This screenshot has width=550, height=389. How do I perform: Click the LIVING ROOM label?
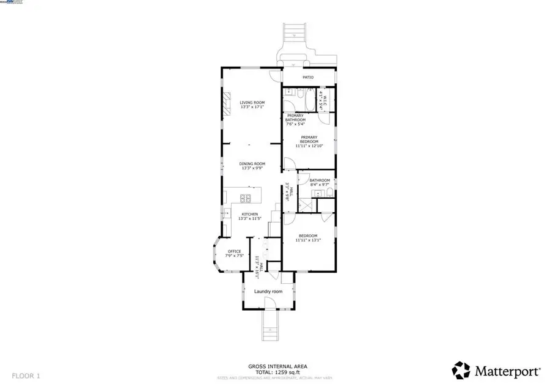[x=252, y=103]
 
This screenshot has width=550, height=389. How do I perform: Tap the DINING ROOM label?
[x=252, y=163]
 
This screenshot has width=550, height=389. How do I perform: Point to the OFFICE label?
[x=235, y=251]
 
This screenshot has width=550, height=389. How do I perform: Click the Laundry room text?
[x=268, y=292]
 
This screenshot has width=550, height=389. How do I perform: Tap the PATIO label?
[x=309, y=77]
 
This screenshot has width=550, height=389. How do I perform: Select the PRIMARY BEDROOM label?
[x=309, y=139]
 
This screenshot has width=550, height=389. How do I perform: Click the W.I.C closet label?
[x=325, y=100]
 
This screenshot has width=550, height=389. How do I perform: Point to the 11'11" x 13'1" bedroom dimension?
[x=308, y=240]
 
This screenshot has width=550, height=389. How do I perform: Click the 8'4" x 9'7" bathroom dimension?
[x=320, y=184]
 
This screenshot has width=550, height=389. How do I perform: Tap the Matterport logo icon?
[x=461, y=370]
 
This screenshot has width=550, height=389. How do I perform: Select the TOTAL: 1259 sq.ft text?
[x=277, y=371]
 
